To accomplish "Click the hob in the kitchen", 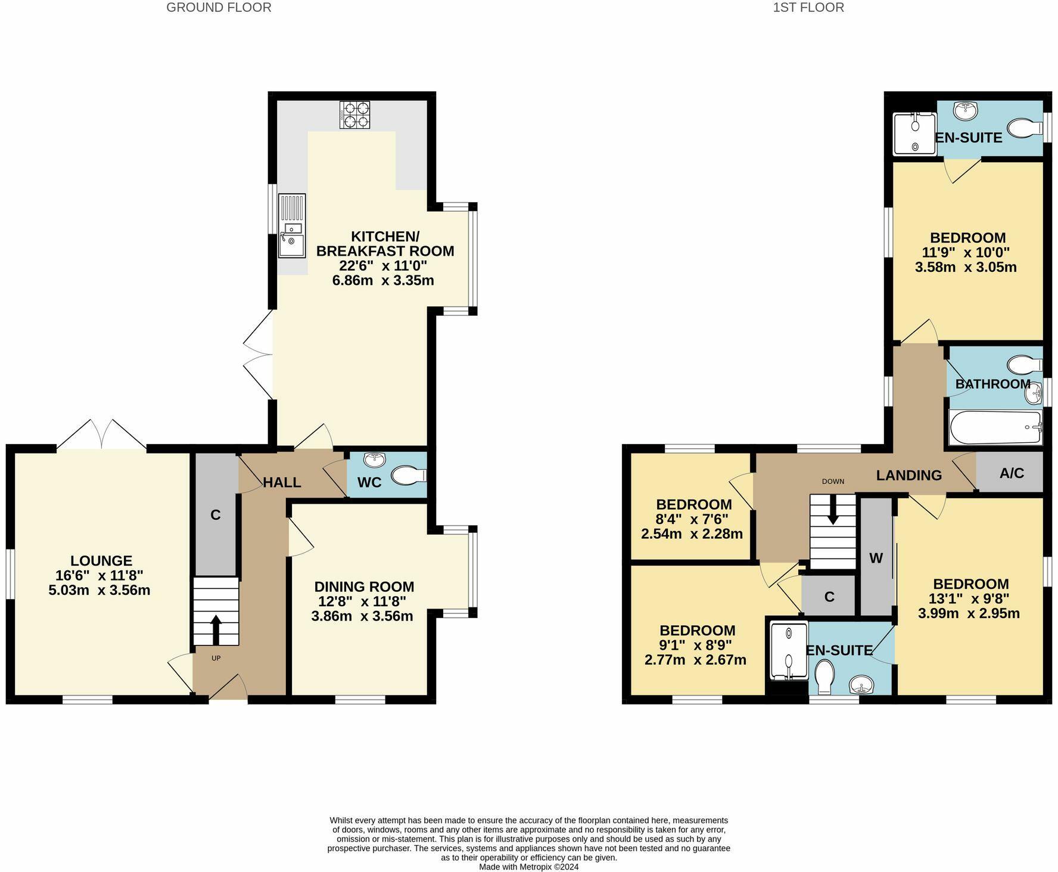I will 354,114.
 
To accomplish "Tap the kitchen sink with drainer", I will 291,226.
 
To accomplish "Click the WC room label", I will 369,482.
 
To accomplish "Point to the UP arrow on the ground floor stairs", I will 216,629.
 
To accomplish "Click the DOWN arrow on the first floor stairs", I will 833,513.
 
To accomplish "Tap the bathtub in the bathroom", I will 995,427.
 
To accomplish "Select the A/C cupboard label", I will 1012,473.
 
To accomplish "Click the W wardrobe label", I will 876,558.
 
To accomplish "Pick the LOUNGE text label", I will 101,560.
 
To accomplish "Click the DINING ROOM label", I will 364,586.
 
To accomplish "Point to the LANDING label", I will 908,475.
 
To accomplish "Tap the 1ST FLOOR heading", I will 808,8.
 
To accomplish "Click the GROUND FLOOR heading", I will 219,8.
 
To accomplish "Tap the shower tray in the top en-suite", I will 914,134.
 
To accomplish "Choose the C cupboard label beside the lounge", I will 216,514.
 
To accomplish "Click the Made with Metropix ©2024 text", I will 528,867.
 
